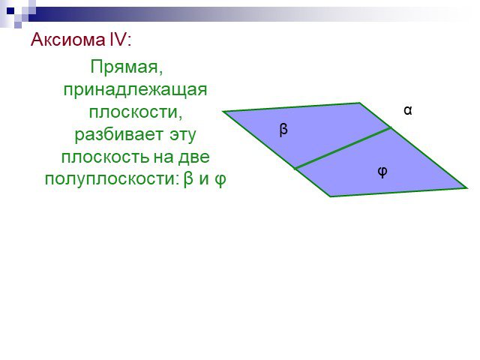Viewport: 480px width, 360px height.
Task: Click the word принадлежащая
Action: [x=135, y=90]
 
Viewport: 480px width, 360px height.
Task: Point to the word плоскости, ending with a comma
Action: [x=136, y=112]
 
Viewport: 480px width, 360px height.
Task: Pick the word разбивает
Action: [x=119, y=134]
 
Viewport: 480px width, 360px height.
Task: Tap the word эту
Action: [x=183, y=135]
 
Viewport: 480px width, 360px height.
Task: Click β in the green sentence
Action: [x=188, y=178]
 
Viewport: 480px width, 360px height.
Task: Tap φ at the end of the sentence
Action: [x=220, y=179]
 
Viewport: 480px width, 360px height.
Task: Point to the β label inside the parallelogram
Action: [x=283, y=129]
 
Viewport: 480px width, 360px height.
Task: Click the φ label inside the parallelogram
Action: [x=382, y=172]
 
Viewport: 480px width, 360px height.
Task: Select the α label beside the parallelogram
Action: [x=408, y=110]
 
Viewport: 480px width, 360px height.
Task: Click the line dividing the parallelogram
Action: [x=343, y=148]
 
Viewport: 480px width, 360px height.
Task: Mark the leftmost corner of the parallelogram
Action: [x=223, y=112]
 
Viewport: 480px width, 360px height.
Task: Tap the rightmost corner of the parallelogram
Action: [x=467, y=188]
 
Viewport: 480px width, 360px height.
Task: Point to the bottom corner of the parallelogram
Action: [x=330, y=196]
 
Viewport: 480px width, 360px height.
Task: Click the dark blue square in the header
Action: [x=10, y=11]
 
